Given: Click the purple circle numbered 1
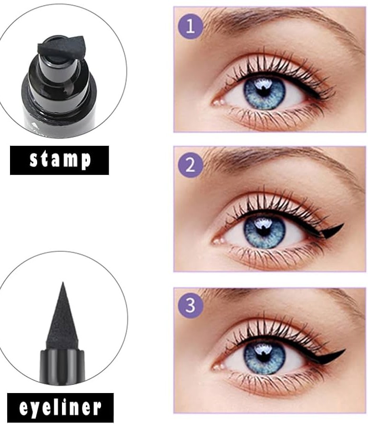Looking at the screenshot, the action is point(190,27).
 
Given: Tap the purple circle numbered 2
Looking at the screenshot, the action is point(190,165).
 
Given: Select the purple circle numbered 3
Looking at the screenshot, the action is point(190,305).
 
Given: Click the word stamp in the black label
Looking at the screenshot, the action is point(60,160).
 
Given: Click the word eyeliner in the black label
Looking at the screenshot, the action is point(60,408).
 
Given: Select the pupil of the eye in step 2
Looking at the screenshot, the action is point(263,229).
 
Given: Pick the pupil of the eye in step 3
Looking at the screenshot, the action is point(263,356).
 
